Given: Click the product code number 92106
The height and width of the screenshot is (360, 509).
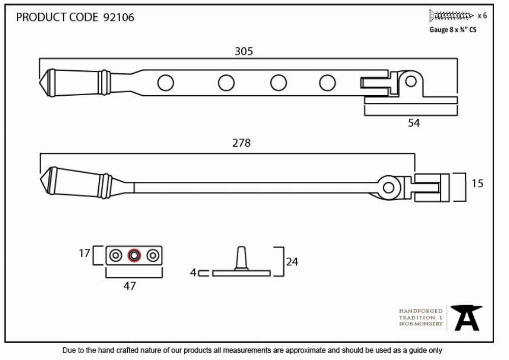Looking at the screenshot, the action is [x=119, y=17].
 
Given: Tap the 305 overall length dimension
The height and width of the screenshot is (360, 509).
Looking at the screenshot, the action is [x=244, y=51].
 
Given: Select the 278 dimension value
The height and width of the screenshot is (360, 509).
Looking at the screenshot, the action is [x=241, y=143].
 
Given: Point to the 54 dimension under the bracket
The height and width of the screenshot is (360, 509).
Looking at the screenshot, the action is [x=414, y=123].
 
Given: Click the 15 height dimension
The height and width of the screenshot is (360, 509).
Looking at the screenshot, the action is [x=477, y=183].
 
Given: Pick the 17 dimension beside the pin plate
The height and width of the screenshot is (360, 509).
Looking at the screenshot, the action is [x=84, y=253].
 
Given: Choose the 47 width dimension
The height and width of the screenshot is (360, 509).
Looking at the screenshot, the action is [x=129, y=286].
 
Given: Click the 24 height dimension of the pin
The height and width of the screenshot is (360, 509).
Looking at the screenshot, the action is [x=292, y=262].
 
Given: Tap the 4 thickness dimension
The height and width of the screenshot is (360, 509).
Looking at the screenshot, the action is [x=193, y=273].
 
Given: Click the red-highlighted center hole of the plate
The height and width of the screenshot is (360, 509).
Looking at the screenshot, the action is [x=134, y=256].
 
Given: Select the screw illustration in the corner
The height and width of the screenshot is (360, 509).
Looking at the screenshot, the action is [x=451, y=15].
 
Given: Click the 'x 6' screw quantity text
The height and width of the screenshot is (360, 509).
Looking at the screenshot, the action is [x=482, y=16].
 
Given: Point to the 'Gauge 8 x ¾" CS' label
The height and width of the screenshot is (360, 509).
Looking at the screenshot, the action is [x=453, y=30].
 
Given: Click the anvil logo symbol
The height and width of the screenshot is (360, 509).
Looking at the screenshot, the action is [x=467, y=318].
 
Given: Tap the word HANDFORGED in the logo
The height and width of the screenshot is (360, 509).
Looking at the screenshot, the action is [x=421, y=311].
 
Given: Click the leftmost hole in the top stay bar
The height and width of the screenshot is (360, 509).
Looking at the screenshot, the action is [x=165, y=83].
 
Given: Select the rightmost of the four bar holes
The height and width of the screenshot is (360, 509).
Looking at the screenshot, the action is [x=327, y=83].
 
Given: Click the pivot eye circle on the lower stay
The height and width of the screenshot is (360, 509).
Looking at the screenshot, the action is [x=388, y=187].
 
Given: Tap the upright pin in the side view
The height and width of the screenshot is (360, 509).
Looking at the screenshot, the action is [x=241, y=258].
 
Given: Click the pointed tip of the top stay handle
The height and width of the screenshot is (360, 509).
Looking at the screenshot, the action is [x=40, y=83].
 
